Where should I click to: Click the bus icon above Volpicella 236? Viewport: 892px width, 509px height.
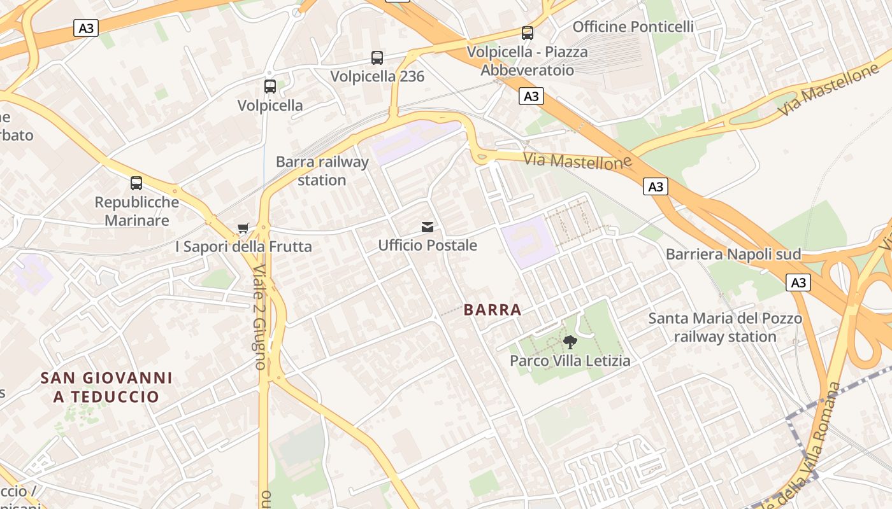click(x=377, y=58)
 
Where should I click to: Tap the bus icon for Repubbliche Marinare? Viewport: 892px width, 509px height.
click(x=136, y=183)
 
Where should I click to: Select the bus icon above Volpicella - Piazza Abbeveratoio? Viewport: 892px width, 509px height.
click(x=527, y=33)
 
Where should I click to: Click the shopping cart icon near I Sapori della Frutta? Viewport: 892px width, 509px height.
click(x=243, y=228)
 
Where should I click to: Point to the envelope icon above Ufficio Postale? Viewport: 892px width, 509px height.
click(x=427, y=227)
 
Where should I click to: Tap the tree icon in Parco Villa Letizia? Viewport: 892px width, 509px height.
click(x=570, y=342)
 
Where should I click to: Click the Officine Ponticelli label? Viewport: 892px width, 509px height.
click(x=633, y=27)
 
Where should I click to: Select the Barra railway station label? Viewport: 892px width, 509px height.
click(x=322, y=171)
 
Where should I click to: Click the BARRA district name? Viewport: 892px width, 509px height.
click(x=493, y=310)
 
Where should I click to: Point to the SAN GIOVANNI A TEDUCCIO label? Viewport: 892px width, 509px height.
click(x=106, y=387)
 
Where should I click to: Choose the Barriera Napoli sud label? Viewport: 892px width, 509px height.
click(x=733, y=254)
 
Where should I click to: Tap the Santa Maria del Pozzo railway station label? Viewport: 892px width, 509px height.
click(x=725, y=327)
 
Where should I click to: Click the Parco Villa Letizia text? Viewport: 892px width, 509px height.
click(x=570, y=361)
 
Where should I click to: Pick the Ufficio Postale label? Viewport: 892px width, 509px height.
click(x=428, y=245)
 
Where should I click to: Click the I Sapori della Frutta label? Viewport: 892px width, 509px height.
click(x=243, y=246)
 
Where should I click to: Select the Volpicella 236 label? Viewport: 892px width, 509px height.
click(x=377, y=76)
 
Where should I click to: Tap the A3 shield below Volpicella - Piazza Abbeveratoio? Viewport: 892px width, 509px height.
click(x=531, y=96)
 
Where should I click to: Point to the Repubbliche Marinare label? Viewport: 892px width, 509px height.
click(x=137, y=211)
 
